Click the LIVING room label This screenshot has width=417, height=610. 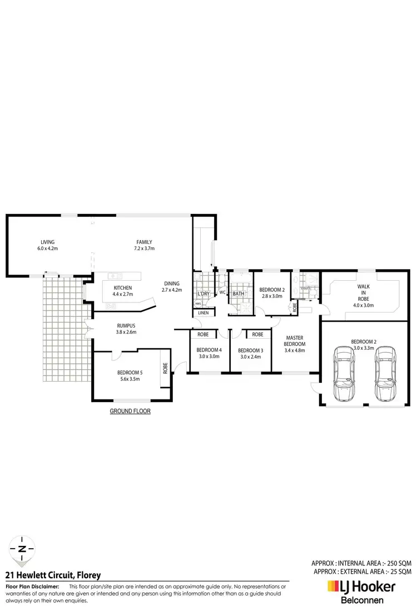tap(47, 242)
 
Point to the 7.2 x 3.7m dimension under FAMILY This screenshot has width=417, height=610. tap(144, 248)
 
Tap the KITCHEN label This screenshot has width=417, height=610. tap(122, 287)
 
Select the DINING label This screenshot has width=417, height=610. tap(171, 282)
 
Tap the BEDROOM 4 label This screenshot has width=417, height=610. tap(209, 350)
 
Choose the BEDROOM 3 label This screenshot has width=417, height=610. tap(250, 350)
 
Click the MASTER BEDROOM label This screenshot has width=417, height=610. tap(295, 341)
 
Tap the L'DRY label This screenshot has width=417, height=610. tap(203, 294)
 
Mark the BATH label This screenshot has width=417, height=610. tap(239, 294)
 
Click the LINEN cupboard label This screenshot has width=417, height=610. tap(203, 314)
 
